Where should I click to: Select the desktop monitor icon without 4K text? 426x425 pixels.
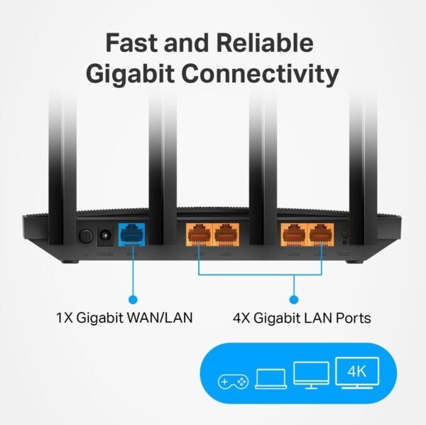click(311, 375)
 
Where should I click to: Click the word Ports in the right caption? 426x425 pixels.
click(350, 316)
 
